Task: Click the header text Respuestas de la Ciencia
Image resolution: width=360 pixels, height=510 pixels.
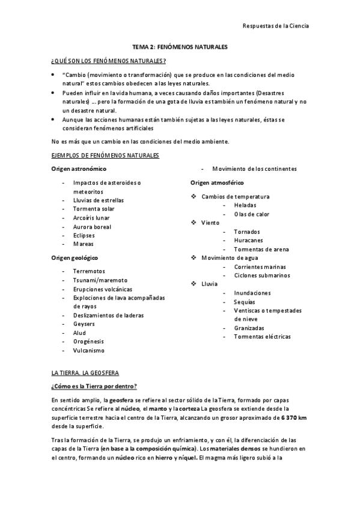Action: click(276, 26)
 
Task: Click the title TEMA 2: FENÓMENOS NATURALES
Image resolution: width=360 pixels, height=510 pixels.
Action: click(180, 46)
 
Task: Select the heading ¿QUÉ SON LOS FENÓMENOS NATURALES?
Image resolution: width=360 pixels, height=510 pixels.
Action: click(109, 61)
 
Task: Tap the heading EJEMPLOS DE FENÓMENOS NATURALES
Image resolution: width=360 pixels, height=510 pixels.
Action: click(105, 156)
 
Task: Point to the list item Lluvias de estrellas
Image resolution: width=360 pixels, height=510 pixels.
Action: click(99, 200)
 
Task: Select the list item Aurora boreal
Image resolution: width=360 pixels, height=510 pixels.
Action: click(93, 226)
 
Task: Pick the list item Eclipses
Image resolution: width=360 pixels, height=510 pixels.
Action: click(84, 235)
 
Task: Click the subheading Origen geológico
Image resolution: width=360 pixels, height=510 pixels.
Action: click(75, 257)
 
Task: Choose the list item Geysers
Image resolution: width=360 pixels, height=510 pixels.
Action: click(84, 324)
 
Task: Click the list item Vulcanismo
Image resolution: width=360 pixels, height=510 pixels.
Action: click(89, 350)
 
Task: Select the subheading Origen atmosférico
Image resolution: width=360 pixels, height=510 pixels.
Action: click(217, 182)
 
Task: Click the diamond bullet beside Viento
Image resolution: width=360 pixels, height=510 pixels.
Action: click(194, 223)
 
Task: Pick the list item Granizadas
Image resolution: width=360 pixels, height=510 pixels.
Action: click(249, 328)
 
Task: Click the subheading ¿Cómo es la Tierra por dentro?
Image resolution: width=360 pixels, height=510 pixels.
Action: click(95, 386)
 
